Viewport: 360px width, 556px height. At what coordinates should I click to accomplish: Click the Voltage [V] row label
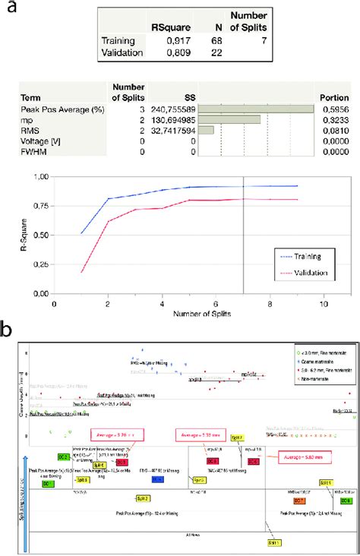pos(55,141)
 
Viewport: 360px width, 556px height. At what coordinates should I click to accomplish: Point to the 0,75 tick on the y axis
pos(38,206)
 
